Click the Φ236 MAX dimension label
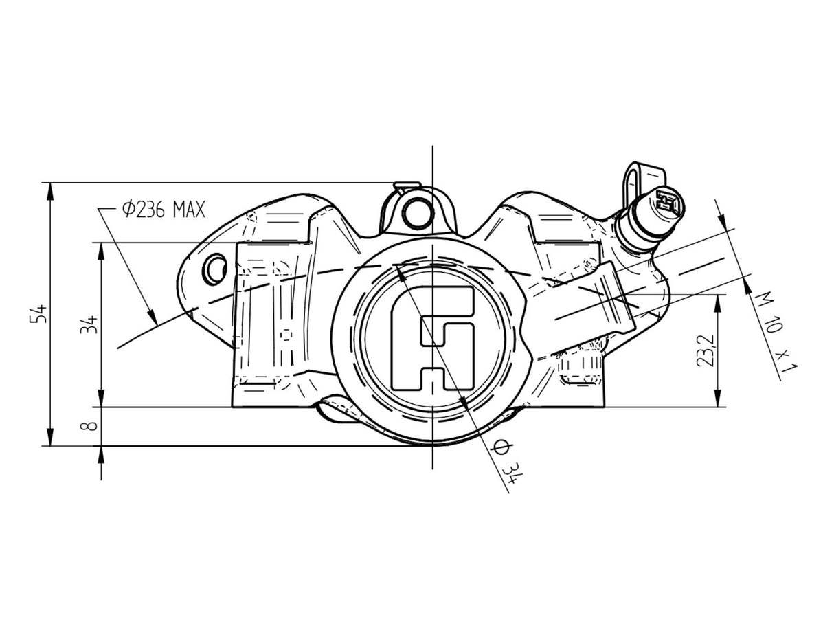pyautogui.click(x=163, y=209)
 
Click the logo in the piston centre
pyautogui.click(x=432, y=337)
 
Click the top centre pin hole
pyautogui.click(x=415, y=212)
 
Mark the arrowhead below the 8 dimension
pyautogui.click(x=102, y=455)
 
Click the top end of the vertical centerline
pyautogui.click(x=432, y=148)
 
